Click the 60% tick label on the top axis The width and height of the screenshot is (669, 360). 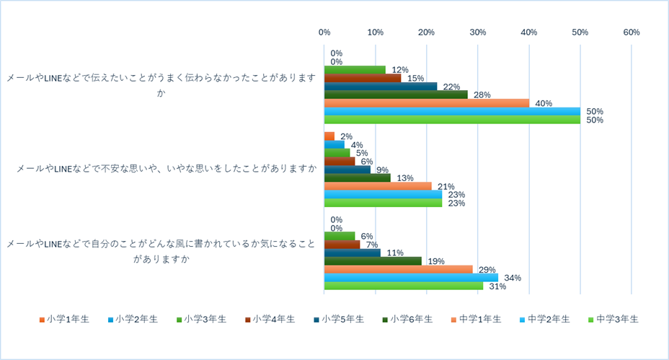[632, 32]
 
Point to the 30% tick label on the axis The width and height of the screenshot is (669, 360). [478, 32]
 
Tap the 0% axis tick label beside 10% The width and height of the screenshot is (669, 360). [324, 32]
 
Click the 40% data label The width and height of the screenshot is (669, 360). [543, 103]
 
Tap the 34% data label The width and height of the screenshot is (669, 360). [512, 278]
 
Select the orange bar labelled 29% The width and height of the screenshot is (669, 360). [398, 269]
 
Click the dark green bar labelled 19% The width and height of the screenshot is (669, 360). [373, 260]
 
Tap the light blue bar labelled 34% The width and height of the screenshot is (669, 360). [411, 278]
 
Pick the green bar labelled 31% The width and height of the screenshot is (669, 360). [404, 286]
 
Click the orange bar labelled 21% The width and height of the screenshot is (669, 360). [378, 186]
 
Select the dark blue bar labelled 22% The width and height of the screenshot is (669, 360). [381, 87]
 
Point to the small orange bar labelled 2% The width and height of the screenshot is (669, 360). [329, 136]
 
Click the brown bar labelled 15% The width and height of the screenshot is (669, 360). [363, 78]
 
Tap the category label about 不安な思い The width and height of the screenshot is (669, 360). [167, 169]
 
